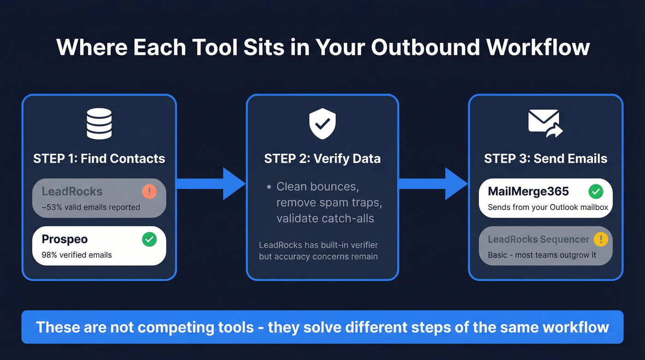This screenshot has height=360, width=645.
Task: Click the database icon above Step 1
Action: pos(99,123)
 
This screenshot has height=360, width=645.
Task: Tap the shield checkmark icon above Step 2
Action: pos(322,123)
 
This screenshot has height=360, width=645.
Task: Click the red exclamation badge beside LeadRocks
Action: pos(149,192)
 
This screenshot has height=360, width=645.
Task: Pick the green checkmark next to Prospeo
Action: pos(149,239)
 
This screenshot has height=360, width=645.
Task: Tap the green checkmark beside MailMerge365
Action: pos(596,192)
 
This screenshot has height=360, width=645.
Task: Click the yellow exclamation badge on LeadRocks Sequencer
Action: pos(601,240)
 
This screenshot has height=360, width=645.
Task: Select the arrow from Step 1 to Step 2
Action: pos(211,184)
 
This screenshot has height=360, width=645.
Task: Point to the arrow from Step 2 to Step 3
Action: pos(434,184)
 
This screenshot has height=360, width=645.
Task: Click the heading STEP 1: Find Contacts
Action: pos(99,159)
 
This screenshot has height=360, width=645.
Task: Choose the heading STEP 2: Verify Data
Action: pos(322,159)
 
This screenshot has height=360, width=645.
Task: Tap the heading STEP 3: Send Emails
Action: pos(545,159)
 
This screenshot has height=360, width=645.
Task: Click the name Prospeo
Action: pos(64,239)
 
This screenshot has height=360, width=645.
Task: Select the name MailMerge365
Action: pos(528,192)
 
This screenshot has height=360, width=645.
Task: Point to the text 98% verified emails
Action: pos(77,255)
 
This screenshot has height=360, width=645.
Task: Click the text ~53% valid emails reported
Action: pos(91,207)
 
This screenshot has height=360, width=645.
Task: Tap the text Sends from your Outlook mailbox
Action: pos(548,207)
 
